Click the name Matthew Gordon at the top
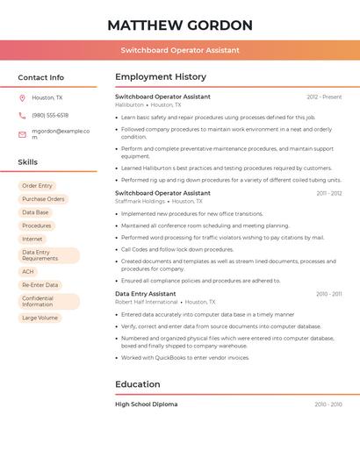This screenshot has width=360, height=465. pos(180,25)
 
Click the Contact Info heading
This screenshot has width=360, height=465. pos(40,77)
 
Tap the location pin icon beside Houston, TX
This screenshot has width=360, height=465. pos(22,97)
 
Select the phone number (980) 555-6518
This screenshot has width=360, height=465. pos(50,115)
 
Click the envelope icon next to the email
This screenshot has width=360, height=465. pos(22,134)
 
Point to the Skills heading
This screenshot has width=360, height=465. pos(27,162)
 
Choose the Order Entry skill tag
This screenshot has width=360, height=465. pos(37,186)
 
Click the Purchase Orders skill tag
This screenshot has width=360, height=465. pos(43,199)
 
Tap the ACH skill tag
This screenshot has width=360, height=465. pos(28,272)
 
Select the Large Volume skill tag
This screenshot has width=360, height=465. pos(40,318)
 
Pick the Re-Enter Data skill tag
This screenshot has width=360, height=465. pos(40,285)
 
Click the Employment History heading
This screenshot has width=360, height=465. pos(161,77)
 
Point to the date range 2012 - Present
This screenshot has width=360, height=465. pos(324,97)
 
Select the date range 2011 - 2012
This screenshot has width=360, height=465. pos(329,193)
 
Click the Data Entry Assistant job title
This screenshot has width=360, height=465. pos(146,294)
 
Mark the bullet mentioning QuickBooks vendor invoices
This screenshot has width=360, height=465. pos(185,357)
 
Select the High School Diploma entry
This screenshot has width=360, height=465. pos(146,404)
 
